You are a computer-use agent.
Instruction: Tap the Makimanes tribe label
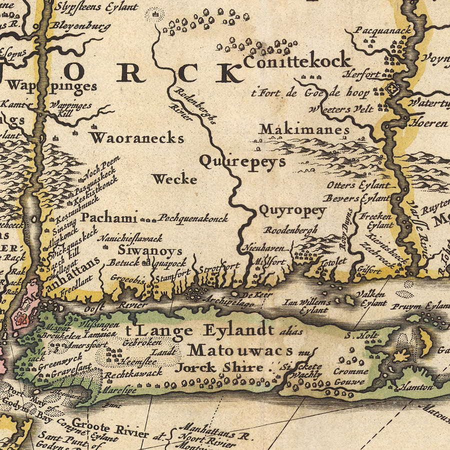(304, 130)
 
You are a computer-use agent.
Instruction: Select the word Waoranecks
(137, 138)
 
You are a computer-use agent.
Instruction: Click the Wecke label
(174, 179)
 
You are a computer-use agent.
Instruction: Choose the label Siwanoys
(142, 250)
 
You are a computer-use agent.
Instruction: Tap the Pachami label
(108, 217)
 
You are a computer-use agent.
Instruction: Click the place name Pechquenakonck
(193, 218)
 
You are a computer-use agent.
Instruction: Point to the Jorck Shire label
(219, 368)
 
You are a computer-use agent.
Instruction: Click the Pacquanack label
(382, 30)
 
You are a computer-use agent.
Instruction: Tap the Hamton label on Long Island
(415, 387)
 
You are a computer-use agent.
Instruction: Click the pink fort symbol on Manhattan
(21, 318)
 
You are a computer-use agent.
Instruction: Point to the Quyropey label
(292, 210)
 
